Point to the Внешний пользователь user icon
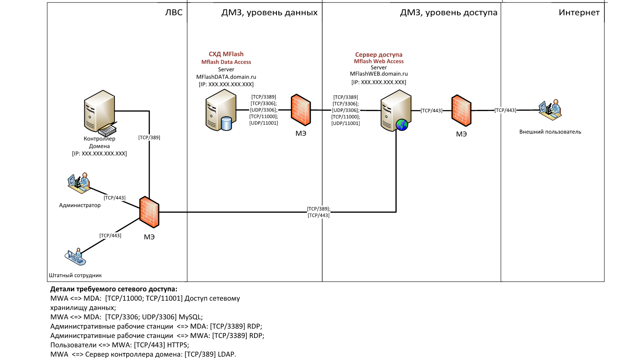tap(549, 110)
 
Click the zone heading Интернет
tap(579, 13)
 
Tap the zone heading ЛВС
tap(174, 13)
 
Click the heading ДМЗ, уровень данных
tap(269, 13)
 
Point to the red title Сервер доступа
tap(378, 55)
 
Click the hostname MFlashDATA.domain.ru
tap(226, 76)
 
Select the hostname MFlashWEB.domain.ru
tap(378, 74)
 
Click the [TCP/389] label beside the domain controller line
tap(149, 137)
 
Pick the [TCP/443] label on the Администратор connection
tap(114, 198)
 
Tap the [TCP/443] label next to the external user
tap(505, 110)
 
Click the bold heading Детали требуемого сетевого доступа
tap(114, 289)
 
